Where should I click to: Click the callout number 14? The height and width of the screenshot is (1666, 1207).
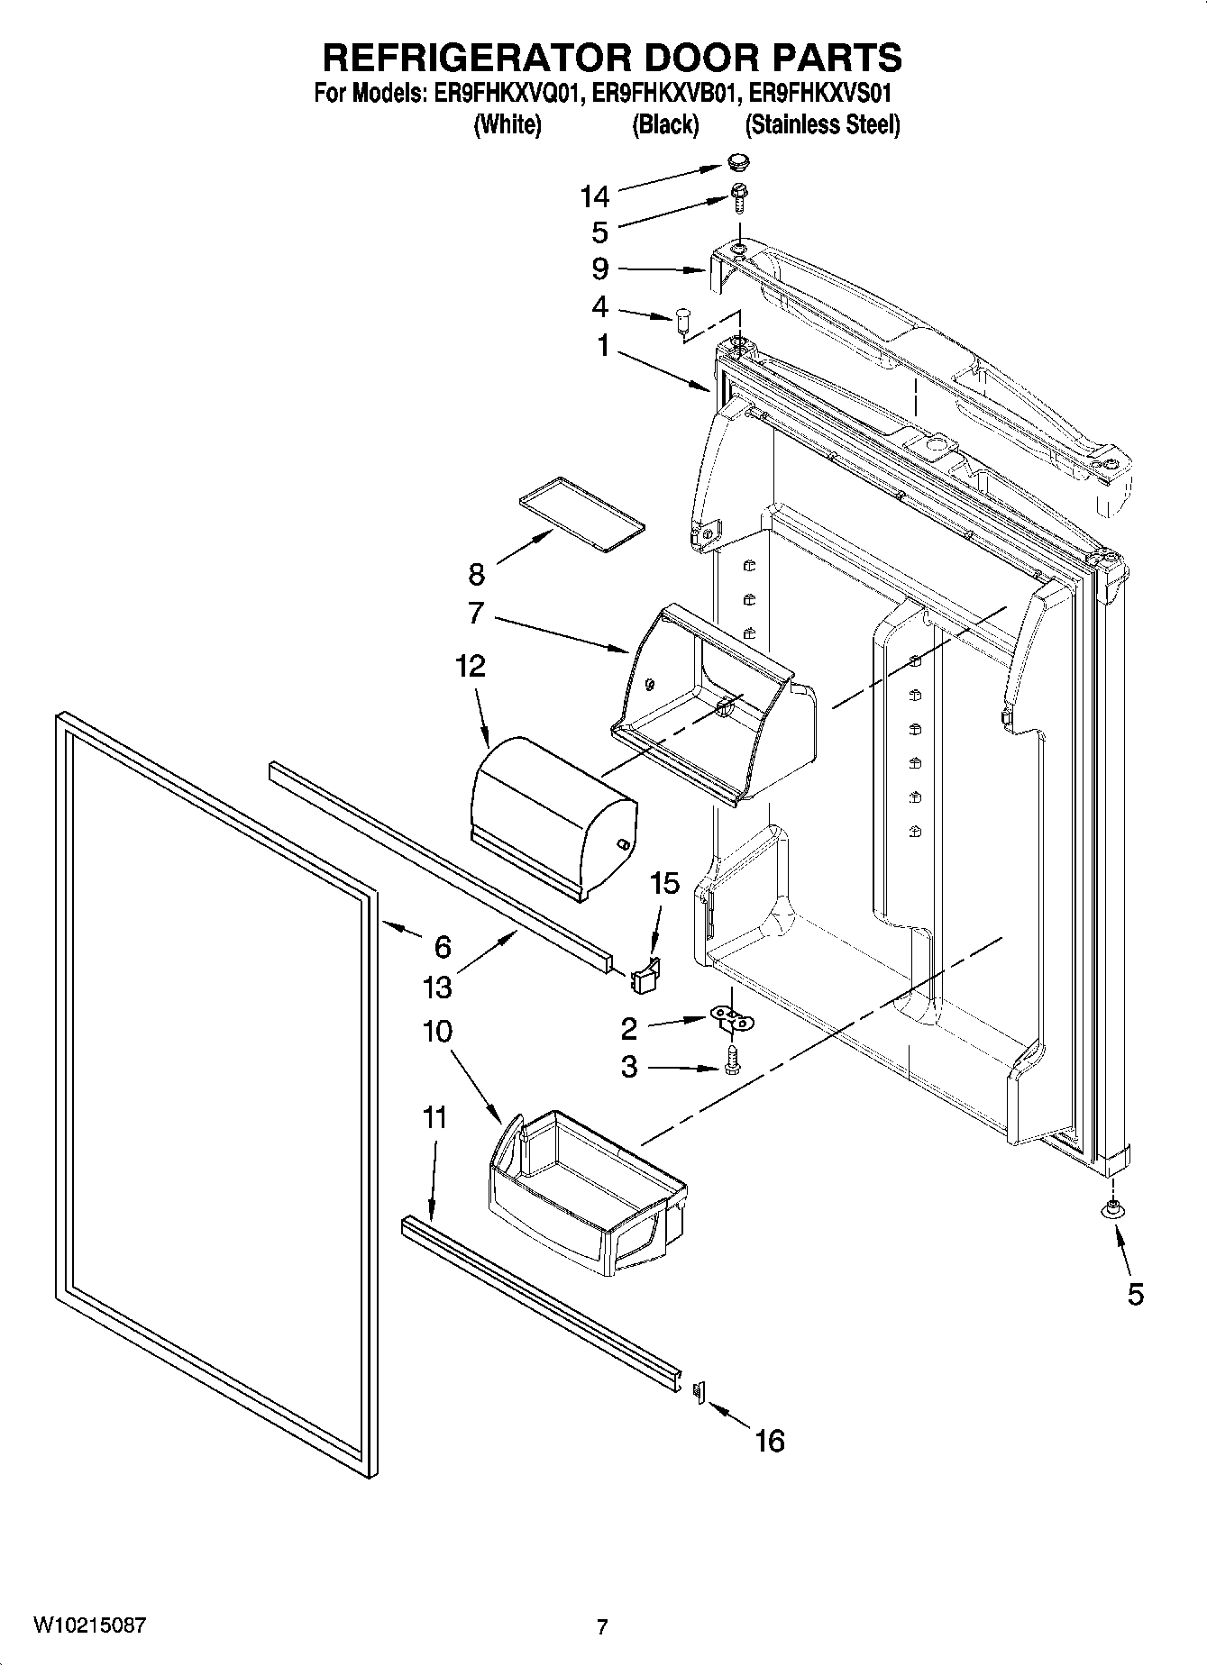(x=595, y=196)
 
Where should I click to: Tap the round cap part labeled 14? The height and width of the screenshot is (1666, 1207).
(x=738, y=162)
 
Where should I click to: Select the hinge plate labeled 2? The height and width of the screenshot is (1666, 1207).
(x=732, y=1018)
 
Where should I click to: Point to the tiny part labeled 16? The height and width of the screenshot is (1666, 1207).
(x=696, y=1392)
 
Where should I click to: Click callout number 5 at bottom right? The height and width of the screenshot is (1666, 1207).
(x=1134, y=1295)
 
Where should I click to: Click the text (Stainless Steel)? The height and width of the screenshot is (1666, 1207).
(x=822, y=124)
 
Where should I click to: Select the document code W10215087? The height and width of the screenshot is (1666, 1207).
(x=90, y=1625)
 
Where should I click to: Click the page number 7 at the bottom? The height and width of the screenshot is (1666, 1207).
(x=602, y=1626)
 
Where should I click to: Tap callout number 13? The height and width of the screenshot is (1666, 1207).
(x=437, y=988)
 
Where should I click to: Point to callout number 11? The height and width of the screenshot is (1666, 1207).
(x=434, y=1118)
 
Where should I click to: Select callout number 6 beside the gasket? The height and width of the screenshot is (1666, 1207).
(x=442, y=946)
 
